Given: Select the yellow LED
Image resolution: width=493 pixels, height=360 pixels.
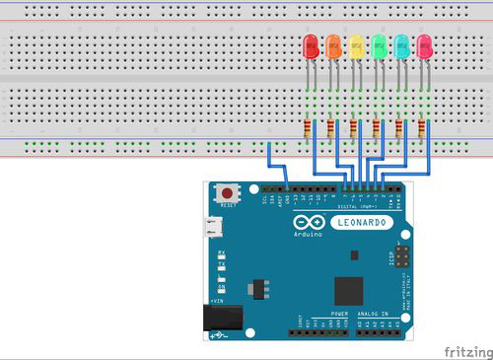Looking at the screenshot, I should (x=357, y=45).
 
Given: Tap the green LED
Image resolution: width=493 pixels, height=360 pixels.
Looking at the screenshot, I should (x=380, y=45).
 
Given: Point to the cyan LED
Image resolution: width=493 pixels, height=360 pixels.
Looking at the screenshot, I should (x=402, y=45).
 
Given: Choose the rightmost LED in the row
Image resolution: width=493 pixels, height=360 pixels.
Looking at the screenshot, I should (x=425, y=45).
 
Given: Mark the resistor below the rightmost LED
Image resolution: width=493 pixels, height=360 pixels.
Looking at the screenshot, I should (x=421, y=128).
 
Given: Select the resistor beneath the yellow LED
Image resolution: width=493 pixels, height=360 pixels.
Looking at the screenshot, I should (x=352, y=128).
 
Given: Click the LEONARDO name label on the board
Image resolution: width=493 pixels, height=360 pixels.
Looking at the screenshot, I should (x=364, y=224).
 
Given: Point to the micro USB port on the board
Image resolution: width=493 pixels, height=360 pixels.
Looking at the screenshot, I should (x=212, y=228).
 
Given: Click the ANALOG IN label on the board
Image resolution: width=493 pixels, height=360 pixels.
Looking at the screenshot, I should (x=379, y=313).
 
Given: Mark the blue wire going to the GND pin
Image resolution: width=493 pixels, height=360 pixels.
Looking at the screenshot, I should (x=271, y=163).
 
